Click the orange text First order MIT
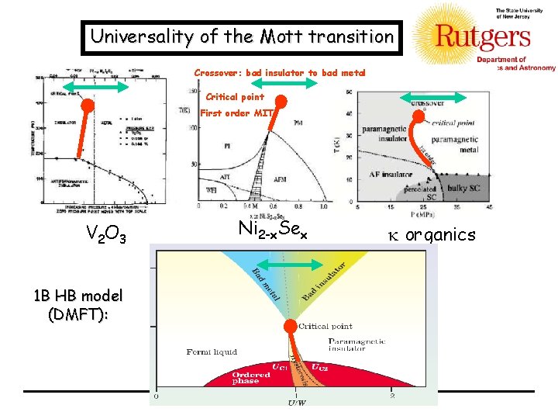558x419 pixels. click(232, 113)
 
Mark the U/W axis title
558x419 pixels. click(295, 402)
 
